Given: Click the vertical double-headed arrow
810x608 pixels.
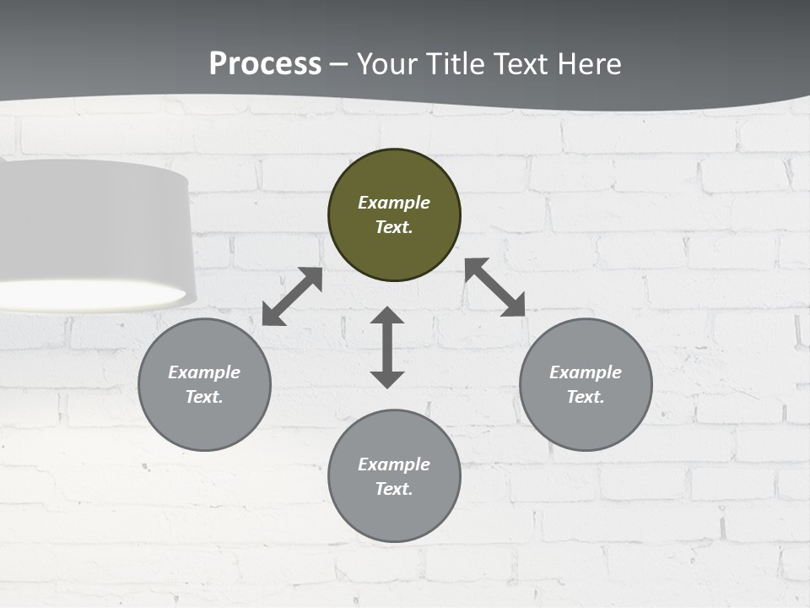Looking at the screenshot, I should click(387, 347).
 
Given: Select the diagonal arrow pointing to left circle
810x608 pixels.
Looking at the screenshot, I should click(292, 296).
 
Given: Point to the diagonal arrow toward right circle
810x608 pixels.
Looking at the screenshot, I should click(494, 287).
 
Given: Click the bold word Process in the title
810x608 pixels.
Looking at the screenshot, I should click(265, 63).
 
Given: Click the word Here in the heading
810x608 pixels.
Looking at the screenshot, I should click(589, 63).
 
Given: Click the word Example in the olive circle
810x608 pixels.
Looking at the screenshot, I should click(394, 203).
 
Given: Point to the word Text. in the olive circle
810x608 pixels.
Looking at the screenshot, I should click(394, 227).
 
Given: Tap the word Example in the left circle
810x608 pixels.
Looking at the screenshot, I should click(204, 372).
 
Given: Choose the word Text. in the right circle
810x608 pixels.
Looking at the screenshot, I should click(586, 397).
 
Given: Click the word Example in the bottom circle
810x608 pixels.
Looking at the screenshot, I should click(394, 464).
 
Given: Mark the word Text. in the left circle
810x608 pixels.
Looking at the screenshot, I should click(204, 397).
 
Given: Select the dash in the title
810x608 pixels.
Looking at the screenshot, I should click(339, 64).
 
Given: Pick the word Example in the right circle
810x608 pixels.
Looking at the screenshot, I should click(586, 372).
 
